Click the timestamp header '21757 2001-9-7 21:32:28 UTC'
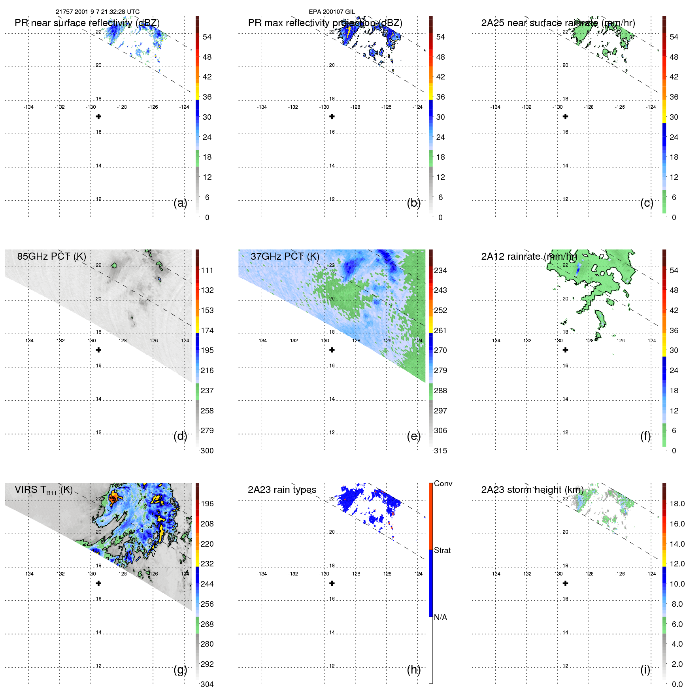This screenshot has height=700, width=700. (97, 12)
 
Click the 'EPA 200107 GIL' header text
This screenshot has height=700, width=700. (332, 12)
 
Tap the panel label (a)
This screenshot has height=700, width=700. (180, 203)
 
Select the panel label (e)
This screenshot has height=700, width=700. (413, 436)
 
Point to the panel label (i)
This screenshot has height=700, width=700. (645, 670)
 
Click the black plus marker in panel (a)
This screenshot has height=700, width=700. (98, 117)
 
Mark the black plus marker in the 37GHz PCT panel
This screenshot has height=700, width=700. (332, 350)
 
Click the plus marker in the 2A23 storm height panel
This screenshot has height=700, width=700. (565, 583)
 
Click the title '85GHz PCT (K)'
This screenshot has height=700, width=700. (51, 256)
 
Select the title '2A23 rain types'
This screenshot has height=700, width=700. (282, 490)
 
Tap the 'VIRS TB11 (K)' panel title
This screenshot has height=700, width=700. (43, 490)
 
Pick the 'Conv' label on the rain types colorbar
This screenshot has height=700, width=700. (443, 483)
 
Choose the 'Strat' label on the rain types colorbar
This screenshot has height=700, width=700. (442, 550)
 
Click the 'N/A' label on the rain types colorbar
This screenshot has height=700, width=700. (440, 617)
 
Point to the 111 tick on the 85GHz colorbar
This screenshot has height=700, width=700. (207, 270)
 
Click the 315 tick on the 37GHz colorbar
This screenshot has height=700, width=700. (440, 451)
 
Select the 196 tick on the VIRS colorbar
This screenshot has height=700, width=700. (207, 504)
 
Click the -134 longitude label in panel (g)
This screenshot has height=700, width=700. (28, 574)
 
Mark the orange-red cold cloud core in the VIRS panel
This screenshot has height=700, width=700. (113, 497)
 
